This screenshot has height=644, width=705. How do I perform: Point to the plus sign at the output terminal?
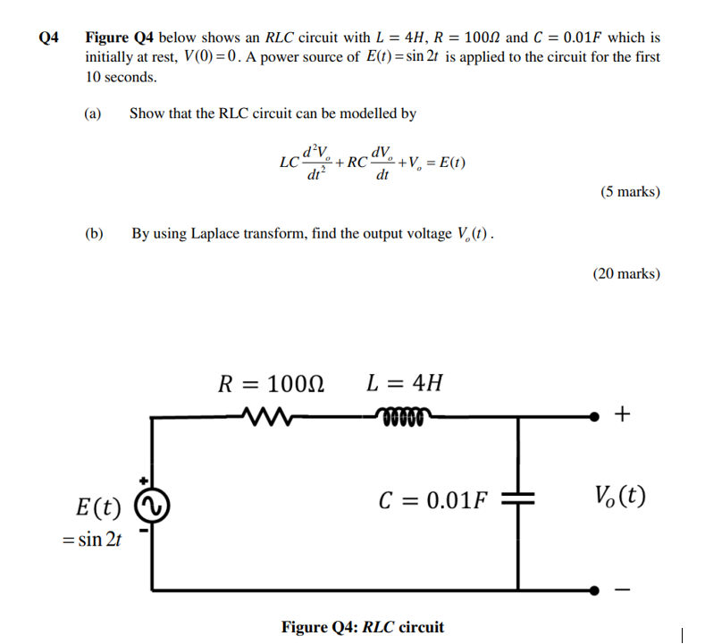point(623,414)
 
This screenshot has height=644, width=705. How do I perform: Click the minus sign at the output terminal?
point(623,589)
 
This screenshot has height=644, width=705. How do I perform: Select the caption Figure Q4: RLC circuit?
point(362,627)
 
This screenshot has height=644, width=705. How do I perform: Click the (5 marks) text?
point(630,191)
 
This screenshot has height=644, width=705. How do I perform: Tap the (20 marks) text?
point(626,273)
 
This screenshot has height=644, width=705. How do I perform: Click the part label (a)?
point(93,113)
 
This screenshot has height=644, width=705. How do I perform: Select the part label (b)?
point(94,233)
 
